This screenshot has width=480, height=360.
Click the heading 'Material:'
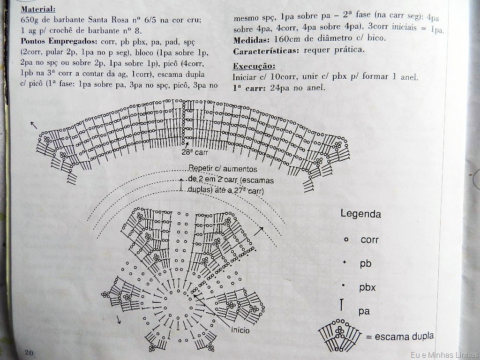38,9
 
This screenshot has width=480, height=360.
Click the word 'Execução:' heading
254,66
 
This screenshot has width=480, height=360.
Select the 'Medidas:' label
251,40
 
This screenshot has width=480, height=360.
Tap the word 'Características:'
265,51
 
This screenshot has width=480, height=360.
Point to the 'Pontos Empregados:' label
59,41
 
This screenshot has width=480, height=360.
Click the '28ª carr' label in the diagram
195,152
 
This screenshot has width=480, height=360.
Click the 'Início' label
240,330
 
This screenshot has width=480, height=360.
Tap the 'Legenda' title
360,213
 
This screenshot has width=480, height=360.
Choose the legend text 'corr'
369,240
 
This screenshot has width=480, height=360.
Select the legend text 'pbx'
367,287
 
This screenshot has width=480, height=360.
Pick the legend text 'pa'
364,311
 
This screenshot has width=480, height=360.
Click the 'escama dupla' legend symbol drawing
340,335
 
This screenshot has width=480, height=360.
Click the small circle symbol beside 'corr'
346,240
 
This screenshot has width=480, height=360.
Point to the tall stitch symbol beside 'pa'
342,305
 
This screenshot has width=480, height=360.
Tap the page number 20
29,352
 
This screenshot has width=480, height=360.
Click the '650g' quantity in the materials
30,20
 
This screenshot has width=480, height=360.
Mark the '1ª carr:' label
249,88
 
